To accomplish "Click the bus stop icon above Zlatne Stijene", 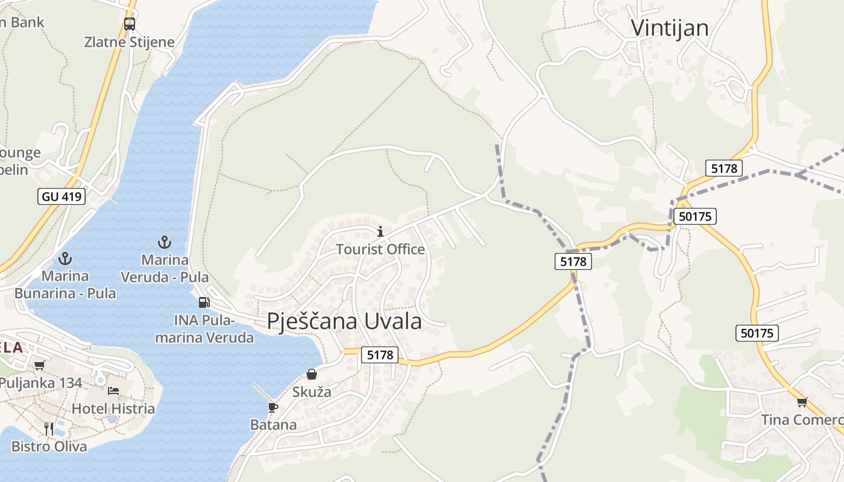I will tap(130, 24).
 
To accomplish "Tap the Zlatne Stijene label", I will tap(130, 42).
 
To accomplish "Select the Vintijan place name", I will tap(669, 28).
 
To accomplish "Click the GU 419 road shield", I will tap(62, 196).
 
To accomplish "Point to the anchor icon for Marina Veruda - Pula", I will tap(165, 243).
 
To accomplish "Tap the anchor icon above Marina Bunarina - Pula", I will tap(65, 259).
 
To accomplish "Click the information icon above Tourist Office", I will tap(380, 231).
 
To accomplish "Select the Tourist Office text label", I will tap(380, 249).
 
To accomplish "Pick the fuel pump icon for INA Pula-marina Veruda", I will tap(204, 302).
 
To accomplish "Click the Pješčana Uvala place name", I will tap(344, 321).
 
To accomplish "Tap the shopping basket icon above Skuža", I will tap(312, 374).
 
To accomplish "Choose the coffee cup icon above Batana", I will tap(273, 407).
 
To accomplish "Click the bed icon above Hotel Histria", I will tap(113, 391).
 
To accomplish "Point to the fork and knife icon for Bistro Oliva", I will tap(49, 428).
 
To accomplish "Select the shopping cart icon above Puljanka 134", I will tap(40, 365).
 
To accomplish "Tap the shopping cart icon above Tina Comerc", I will tap(802, 402).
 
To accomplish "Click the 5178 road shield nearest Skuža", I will tap(380, 355).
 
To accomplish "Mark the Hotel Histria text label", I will tap(113, 408).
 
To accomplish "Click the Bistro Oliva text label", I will tap(49, 446).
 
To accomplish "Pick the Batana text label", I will tap(274, 425).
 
